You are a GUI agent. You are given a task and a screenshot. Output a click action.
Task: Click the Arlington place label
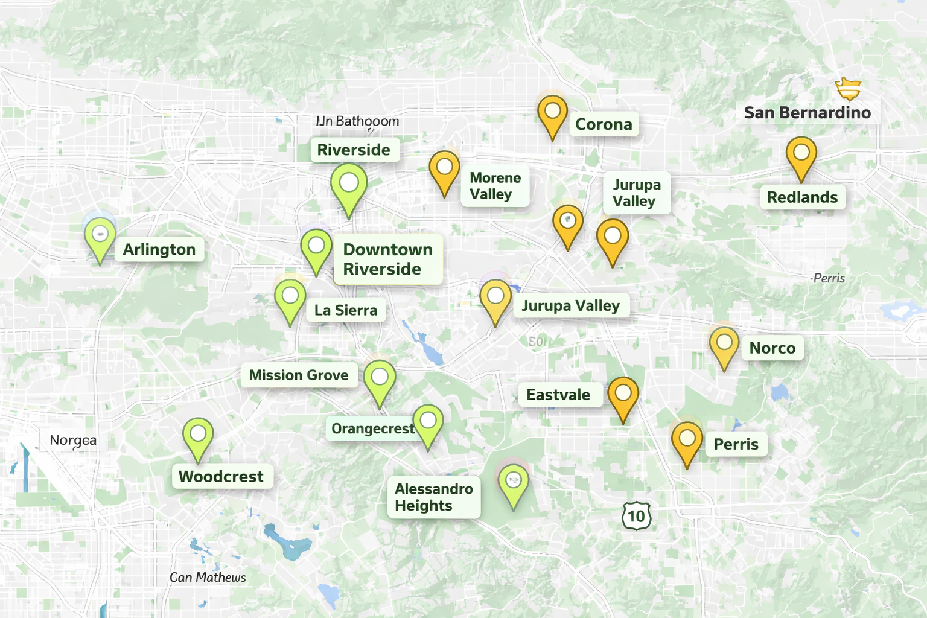pyautogui.click(x=159, y=249)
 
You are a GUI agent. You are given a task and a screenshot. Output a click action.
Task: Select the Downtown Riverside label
pyautogui.click(x=387, y=259)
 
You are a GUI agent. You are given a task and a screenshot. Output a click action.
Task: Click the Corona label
pyautogui.click(x=604, y=124)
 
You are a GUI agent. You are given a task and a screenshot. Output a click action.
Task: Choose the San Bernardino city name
pyautogui.click(x=807, y=113)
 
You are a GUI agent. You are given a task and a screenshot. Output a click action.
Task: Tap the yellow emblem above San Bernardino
pyautogui.click(x=848, y=89)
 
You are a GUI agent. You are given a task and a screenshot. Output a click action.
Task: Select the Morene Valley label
pyautogui.click(x=495, y=186)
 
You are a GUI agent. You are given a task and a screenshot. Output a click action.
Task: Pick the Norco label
pyautogui.click(x=772, y=348)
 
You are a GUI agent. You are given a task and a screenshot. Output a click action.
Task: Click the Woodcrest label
pyautogui.click(x=221, y=477)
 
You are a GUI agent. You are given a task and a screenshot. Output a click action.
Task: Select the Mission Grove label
pyautogui.click(x=299, y=375)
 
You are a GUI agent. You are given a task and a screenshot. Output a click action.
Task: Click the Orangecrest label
pyautogui.click(x=372, y=428)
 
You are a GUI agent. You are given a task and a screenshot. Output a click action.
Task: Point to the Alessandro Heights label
pyautogui.click(x=433, y=497)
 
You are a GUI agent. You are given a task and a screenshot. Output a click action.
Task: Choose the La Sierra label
pyautogui.click(x=345, y=310)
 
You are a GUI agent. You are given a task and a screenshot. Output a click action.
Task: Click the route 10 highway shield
pyautogui.click(x=636, y=516)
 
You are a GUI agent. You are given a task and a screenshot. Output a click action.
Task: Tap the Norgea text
pyautogui.click(x=72, y=440)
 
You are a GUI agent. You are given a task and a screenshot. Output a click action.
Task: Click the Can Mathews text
pyautogui.click(x=208, y=578)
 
